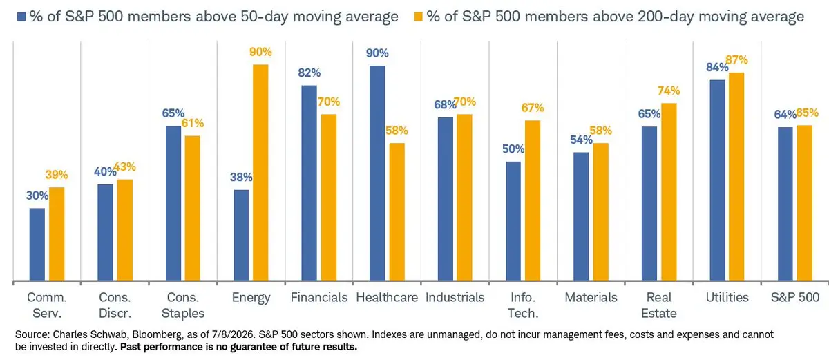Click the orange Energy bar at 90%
tap(260, 173)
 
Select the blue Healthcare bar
tap(377, 173)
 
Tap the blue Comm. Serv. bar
tap(37, 244)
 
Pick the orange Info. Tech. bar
tap(533, 200)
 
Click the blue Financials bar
tap(309, 183)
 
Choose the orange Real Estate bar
tap(669, 191)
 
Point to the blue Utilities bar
tap(718, 180)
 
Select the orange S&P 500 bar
tap(805, 202)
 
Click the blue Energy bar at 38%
tap(241, 236)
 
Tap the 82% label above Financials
tap(309, 73)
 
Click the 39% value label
tap(57, 175)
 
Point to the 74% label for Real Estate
tap(669, 91)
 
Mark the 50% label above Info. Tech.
tap(513, 149)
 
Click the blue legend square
tap(21, 17)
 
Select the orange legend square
tap(418, 17)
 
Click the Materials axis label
tap(591, 298)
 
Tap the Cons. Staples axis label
tap(183, 305)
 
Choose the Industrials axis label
tap(455, 298)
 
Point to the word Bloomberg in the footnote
tap(157, 335)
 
